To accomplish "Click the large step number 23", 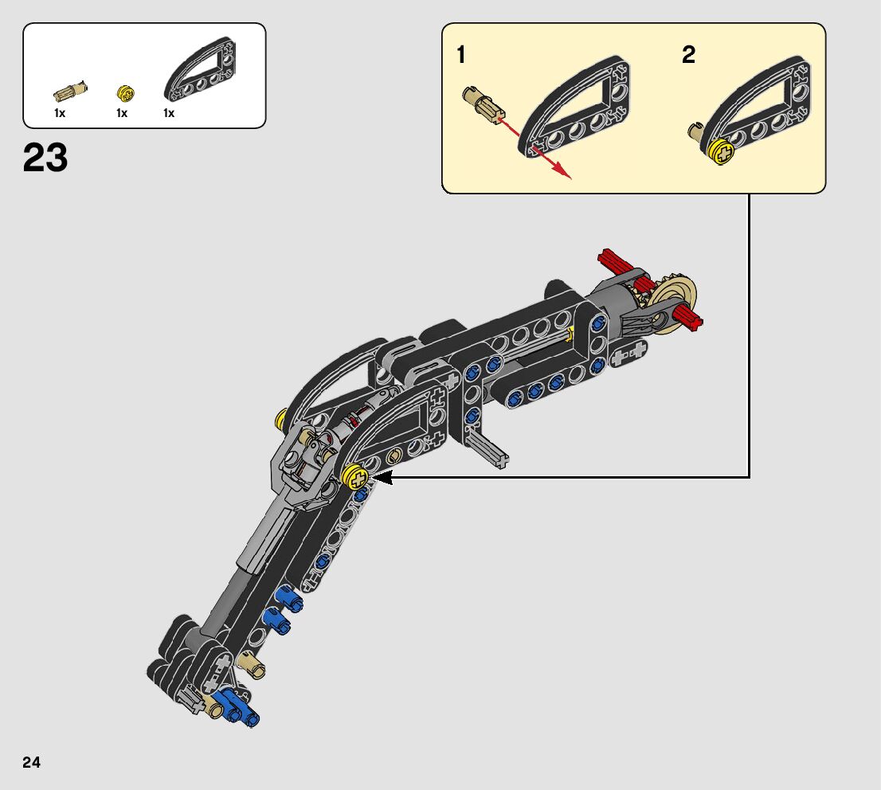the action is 45,158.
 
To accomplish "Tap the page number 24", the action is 31,762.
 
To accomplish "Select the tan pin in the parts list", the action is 70,90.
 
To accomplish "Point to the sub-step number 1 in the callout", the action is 461,55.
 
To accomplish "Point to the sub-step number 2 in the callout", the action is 688,55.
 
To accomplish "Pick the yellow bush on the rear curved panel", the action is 281,419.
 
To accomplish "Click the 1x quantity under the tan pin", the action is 60,113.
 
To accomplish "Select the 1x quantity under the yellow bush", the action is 122,113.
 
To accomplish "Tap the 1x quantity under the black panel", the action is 169,113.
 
